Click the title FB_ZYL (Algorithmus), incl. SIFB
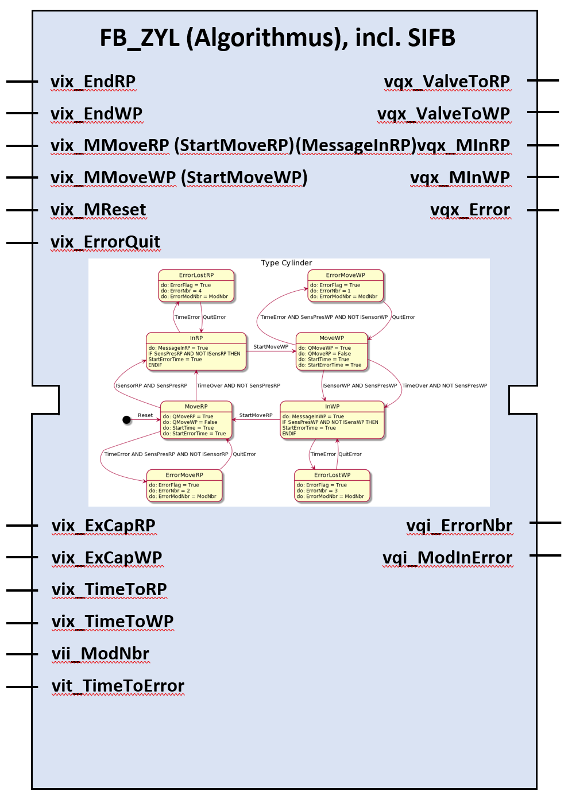277,38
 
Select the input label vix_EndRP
93,82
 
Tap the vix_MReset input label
98,210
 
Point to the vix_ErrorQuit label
105,242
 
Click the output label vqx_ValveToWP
443,114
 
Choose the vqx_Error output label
470,210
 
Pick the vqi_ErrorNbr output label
459,526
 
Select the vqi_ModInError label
447,558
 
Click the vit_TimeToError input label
118,686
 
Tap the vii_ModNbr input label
101,654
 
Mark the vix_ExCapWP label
107,558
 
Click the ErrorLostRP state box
196,285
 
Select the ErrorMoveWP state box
346,285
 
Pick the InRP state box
196,351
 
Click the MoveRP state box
196,419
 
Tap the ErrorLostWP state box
333,486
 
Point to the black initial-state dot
127,420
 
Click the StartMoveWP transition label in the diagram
271,347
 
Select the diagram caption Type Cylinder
287,263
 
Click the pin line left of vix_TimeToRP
22,590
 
